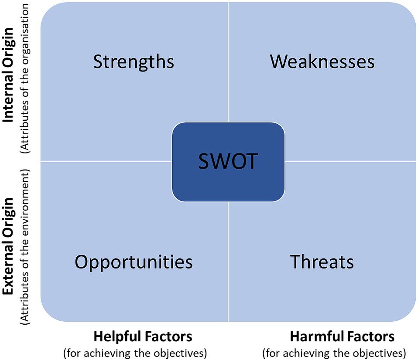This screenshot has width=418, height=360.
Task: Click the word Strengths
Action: coord(134,62)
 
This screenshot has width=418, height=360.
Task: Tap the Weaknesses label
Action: coord(322,61)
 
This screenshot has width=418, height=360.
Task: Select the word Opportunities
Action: coord(134,262)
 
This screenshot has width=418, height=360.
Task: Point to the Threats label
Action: coord(322,262)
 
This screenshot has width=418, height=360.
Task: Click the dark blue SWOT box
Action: coord(228,162)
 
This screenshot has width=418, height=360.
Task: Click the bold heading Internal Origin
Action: coord(8,75)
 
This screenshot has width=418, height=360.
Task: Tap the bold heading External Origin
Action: coord(8,246)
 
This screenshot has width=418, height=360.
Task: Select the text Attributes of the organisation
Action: coord(25,78)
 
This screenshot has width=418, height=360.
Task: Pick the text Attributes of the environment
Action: coord(25,247)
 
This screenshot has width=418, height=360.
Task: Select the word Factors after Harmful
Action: coord(367,336)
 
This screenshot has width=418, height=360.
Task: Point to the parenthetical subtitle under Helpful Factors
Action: coord(135,353)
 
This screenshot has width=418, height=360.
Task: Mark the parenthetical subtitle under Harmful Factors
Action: coord(334,353)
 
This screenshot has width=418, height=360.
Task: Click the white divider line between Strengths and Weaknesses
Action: coord(228,62)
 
